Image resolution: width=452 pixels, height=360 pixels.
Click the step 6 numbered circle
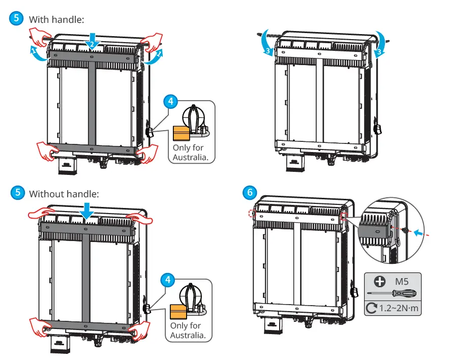pos(249,193)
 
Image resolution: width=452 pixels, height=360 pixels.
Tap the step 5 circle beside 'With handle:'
pos(17,19)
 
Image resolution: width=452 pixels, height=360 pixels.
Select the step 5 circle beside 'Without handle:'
pos(17,193)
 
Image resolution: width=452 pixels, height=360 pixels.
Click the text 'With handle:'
pos(56,19)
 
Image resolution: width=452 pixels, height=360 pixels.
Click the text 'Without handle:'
pos(64,194)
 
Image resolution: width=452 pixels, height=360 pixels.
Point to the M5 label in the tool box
pos(401,280)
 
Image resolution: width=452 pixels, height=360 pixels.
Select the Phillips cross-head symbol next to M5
pos(379,281)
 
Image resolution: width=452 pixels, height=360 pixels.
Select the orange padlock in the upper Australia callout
pos(180,133)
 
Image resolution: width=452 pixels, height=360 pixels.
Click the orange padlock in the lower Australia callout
pos(178,311)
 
